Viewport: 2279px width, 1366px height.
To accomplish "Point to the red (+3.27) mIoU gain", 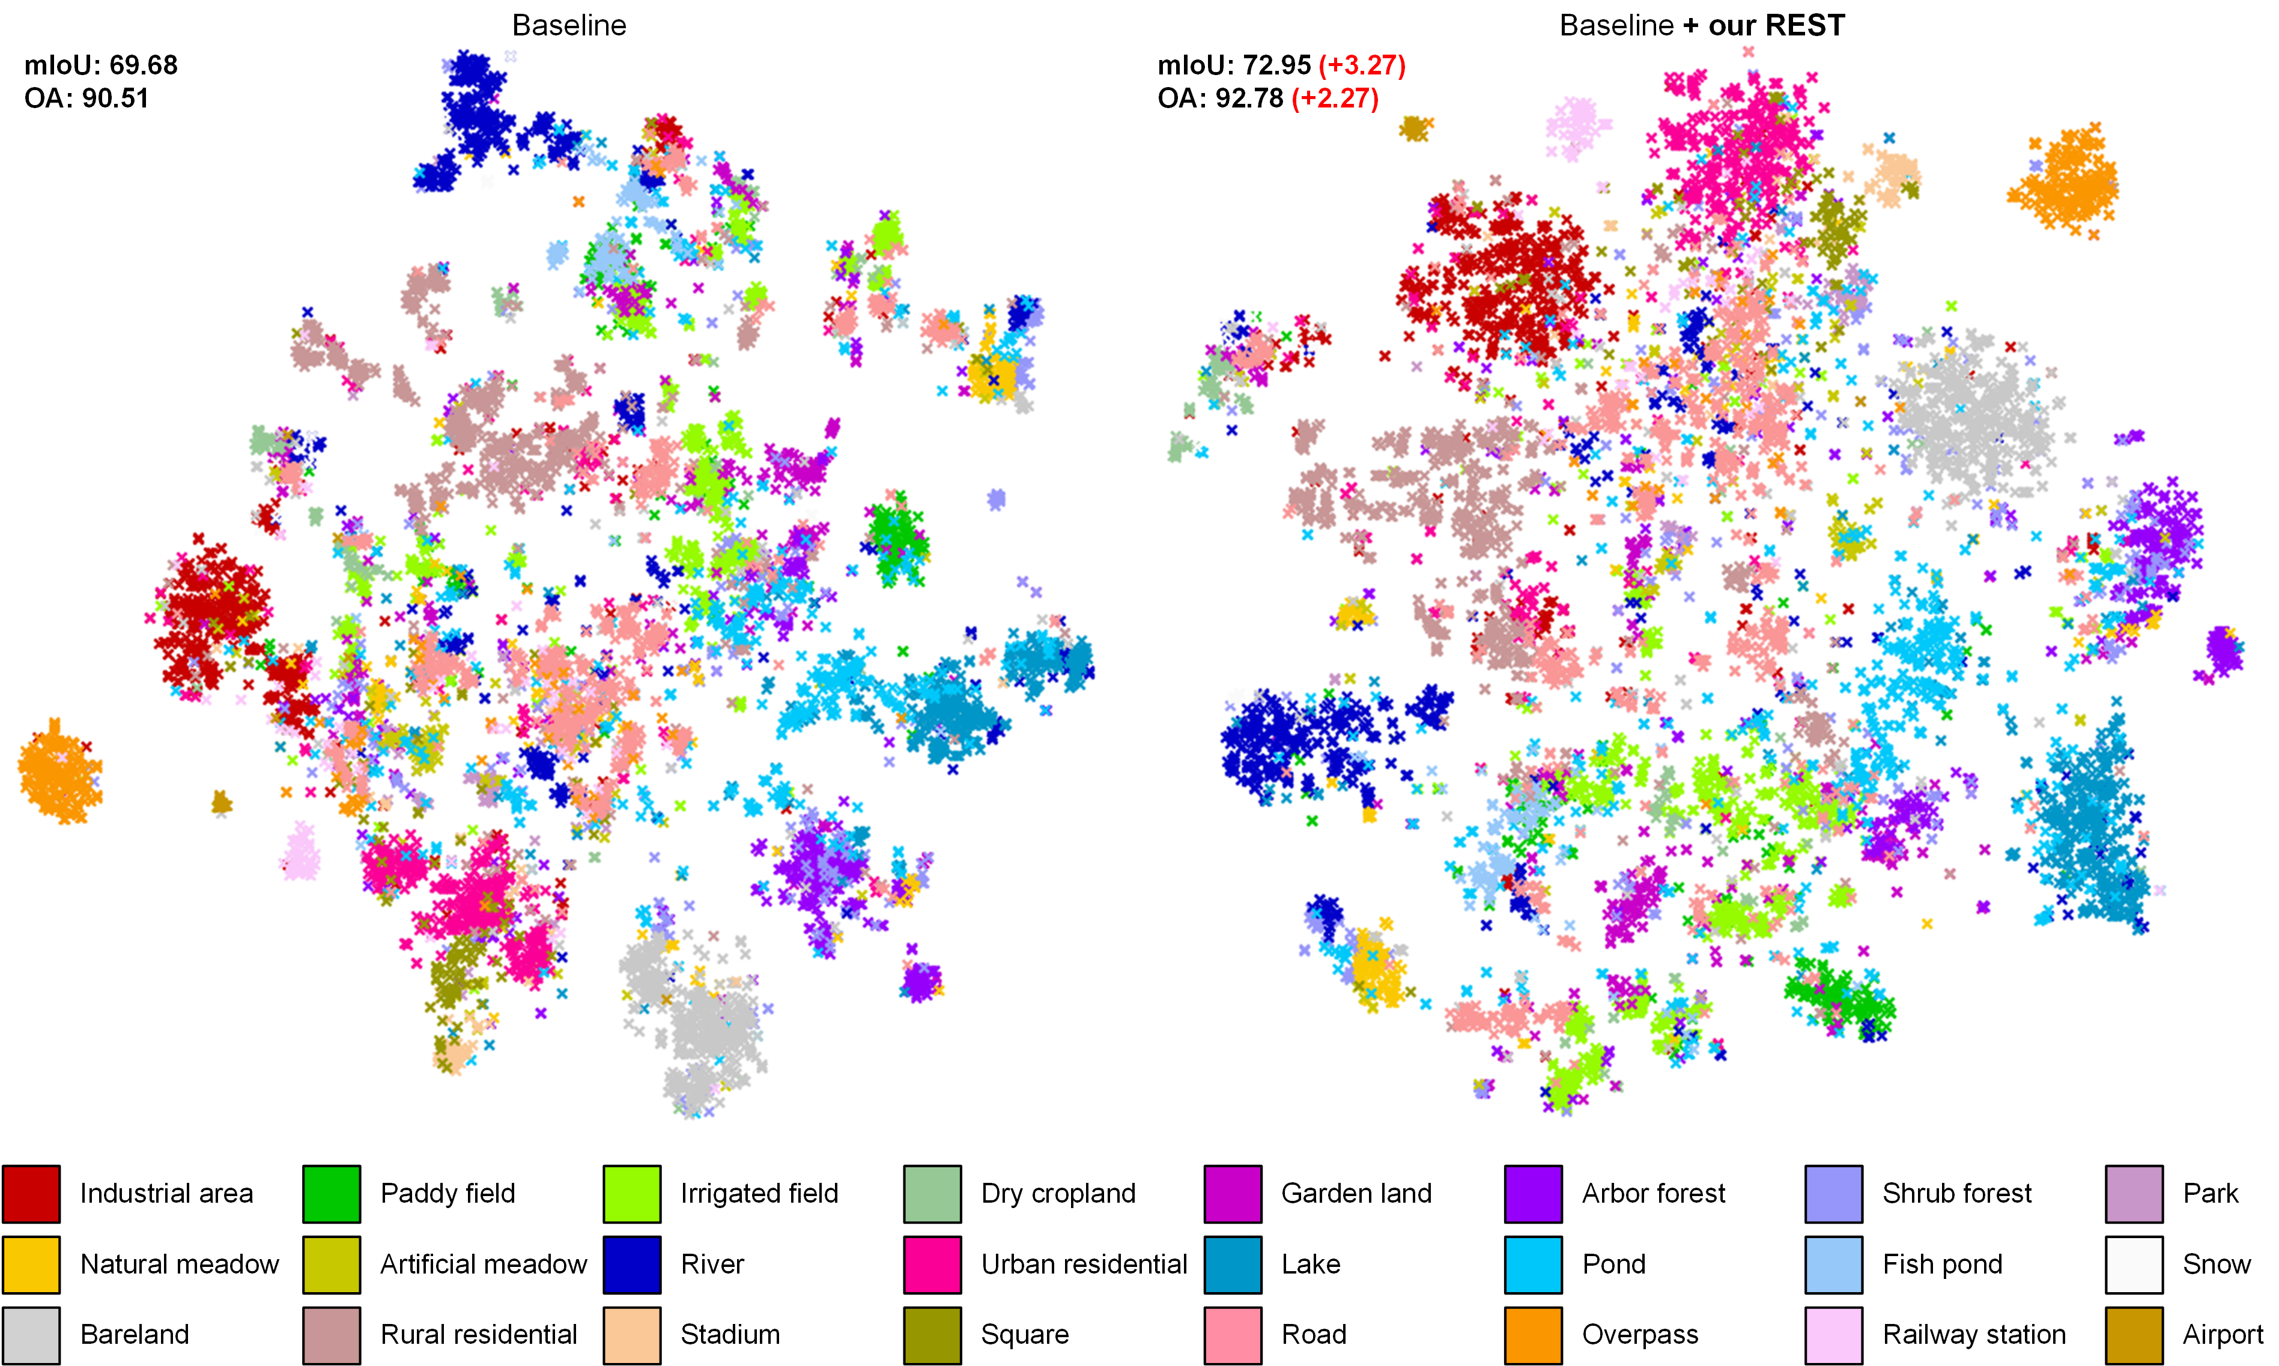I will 1362,65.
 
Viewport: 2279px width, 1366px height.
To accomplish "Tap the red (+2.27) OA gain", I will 1335,98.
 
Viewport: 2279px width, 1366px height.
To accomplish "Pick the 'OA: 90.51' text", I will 86,98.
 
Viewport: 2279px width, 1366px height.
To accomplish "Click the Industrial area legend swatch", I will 31,1194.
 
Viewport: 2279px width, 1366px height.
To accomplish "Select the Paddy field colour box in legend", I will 332,1194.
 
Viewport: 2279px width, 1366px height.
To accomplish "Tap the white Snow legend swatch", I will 2134,1265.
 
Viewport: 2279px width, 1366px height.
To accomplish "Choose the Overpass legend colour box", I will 1533,1335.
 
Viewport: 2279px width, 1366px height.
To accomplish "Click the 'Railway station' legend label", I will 1973,1335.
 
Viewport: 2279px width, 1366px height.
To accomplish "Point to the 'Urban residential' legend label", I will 1084,1265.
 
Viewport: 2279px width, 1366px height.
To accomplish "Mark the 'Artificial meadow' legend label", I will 484,1265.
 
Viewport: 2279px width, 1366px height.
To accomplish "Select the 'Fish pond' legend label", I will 1942,1265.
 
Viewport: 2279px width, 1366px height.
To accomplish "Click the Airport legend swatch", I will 2134,1335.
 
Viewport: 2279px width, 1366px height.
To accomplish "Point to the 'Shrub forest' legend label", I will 1956,1194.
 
